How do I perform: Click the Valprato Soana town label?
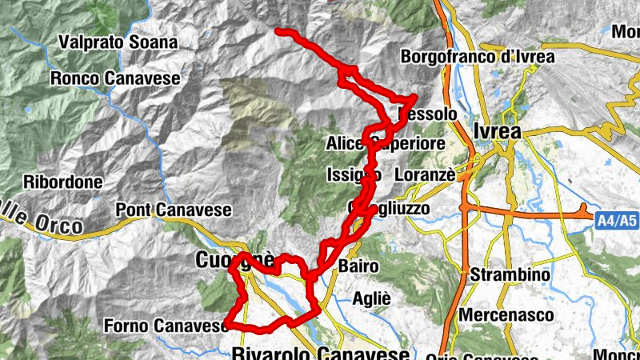pos(118,42)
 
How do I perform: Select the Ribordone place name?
pos(63,182)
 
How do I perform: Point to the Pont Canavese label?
pos(174,210)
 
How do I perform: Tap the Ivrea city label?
pos(497,132)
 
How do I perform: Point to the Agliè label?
pos(372,298)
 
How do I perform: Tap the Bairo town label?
pos(352,265)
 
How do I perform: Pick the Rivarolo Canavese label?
pos(321,353)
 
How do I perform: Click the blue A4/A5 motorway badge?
pos(616,217)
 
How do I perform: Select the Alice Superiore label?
pos(385,144)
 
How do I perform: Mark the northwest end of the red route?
pos(278,30)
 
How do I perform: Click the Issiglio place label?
pos(354,174)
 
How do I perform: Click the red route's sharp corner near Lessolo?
pos(414,98)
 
